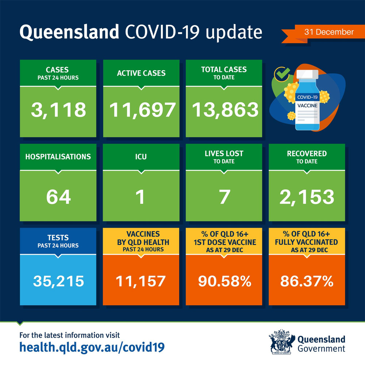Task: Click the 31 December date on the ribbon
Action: point(329,32)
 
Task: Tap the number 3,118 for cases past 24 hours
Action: point(58,110)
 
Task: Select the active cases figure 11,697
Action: point(142,110)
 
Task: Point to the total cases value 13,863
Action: point(225,110)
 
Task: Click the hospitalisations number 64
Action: point(58,197)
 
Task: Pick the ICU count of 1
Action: point(141,197)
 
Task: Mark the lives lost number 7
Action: point(224,197)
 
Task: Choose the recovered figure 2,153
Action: point(307,197)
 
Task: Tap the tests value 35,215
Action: point(58,281)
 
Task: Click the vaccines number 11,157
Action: point(141,281)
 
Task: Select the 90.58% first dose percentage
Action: point(224,281)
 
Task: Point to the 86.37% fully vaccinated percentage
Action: point(307,281)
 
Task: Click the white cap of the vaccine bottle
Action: point(307,74)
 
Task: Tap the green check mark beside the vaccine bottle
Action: point(283,73)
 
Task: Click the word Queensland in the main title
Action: point(69,32)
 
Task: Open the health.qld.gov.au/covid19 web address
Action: point(92,347)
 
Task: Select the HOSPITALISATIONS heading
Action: point(58,157)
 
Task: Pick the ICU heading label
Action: point(141,157)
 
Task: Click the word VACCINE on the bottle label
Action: point(307,106)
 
